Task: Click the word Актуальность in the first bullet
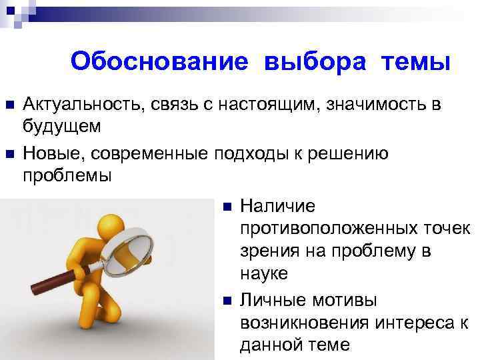coord(80,105)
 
